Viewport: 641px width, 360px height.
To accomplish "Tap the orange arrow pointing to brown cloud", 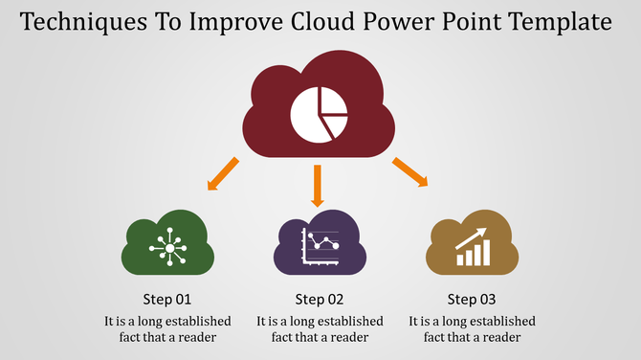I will (x=409, y=172).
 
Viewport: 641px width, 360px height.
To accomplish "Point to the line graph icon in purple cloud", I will (x=320, y=247).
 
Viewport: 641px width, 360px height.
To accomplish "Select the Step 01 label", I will (x=167, y=299).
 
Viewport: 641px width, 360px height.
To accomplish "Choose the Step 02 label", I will (x=320, y=299).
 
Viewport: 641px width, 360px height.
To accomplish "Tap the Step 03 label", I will (x=472, y=299).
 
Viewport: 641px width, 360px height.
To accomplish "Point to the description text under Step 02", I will (x=320, y=328).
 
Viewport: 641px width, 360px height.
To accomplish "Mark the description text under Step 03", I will (x=472, y=328).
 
